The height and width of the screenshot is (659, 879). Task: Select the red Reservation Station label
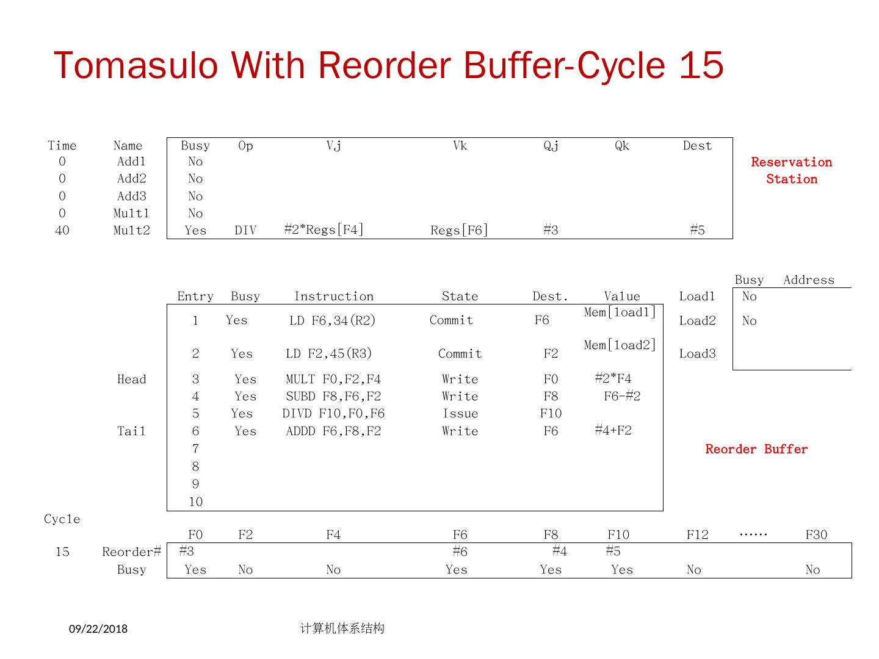pos(791,170)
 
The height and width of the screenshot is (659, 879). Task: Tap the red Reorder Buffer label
pos(756,449)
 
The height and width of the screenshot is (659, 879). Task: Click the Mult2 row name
pos(131,230)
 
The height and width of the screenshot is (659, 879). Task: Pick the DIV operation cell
pos(245,230)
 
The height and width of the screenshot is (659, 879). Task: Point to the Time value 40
pos(62,230)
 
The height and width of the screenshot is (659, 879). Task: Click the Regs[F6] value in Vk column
pos(459,230)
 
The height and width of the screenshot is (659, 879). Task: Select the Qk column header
pos(621,145)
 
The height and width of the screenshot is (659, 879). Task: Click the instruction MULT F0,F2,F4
pos(333,379)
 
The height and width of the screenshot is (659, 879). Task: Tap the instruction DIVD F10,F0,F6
pos(333,413)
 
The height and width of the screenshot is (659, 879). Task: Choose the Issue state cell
pos(460,413)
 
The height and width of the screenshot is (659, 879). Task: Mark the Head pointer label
pos(131,379)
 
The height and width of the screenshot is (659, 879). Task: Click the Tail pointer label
pos(131,431)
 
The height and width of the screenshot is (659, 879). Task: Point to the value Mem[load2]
pos(620,345)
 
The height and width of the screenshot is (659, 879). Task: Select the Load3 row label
pos(697,353)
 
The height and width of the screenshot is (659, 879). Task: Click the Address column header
pos(808,279)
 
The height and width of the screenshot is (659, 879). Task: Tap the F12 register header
pos(697,535)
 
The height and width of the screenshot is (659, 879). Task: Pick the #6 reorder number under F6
pos(460,551)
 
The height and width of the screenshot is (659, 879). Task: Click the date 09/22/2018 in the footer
pos(98,628)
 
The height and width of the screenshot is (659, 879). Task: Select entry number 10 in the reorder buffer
pos(195,502)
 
